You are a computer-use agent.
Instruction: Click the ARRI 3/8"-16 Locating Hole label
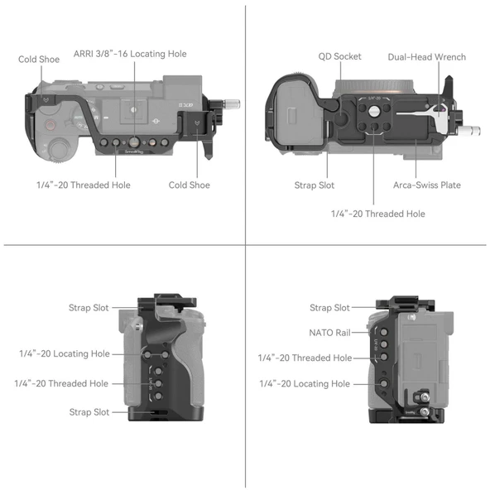coord(130,54)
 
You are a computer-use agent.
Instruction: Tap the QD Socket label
coord(339,57)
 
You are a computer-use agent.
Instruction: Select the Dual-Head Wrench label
coord(426,57)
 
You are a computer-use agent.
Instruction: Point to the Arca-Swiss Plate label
coord(427,185)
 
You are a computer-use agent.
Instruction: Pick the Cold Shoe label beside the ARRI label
coord(39,60)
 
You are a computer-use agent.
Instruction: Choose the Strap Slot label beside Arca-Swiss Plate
coord(315,185)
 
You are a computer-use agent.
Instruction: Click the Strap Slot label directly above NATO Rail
coord(330,308)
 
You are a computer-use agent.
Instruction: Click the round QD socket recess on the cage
coord(375,109)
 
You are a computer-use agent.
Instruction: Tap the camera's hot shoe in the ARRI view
coord(133,108)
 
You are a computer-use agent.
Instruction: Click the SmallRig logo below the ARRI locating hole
coord(132,152)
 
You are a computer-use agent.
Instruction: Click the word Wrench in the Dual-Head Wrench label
coord(448,57)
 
